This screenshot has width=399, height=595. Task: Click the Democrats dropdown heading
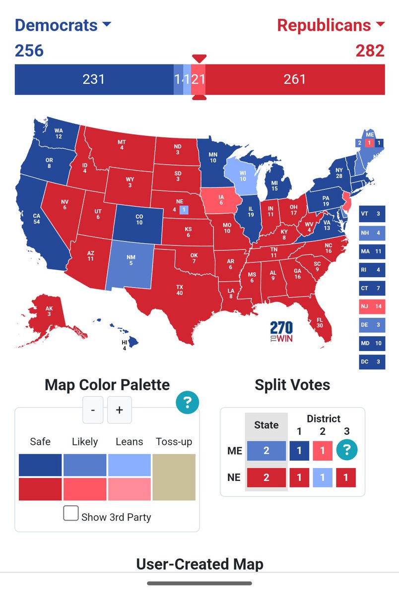point(63,25)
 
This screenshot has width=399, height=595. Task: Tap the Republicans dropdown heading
point(331,25)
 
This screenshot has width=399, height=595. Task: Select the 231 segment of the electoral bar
point(93,79)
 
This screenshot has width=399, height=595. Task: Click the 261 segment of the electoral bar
point(295,79)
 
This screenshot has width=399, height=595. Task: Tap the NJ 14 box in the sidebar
point(372,307)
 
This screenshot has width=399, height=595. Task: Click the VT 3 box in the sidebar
point(372,214)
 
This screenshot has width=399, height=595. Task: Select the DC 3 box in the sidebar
point(372,362)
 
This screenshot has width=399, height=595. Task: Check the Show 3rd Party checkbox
point(71,514)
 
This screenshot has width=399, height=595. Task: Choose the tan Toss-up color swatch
point(174,477)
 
